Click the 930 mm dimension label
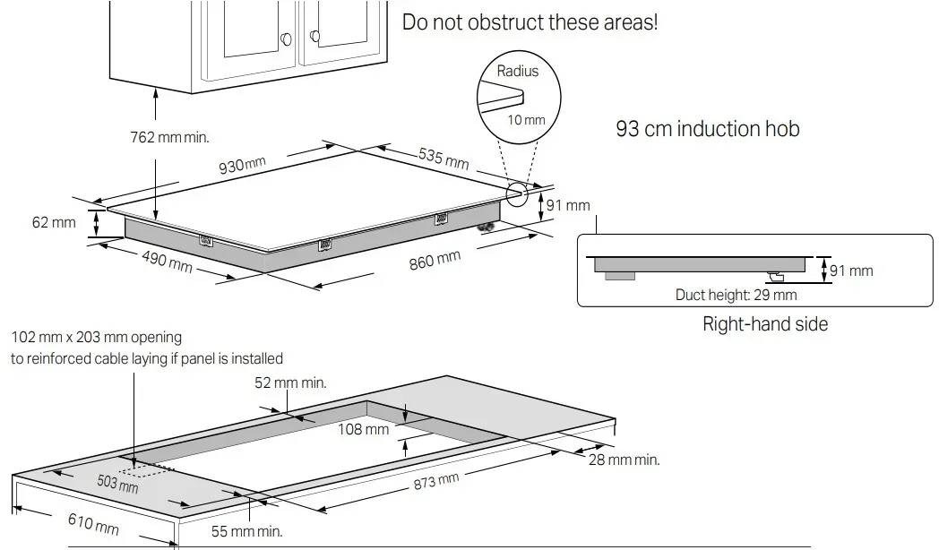click(x=242, y=165)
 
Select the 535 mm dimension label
click(x=444, y=158)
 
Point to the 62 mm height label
click(x=54, y=221)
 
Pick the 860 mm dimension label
click(x=435, y=263)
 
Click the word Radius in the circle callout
click(x=518, y=71)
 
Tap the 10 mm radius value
click(x=527, y=119)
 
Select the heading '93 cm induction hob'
click(x=707, y=129)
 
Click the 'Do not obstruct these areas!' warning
click(x=530, y=22)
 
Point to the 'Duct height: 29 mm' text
click(x=736, y=294)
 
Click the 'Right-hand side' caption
click(x=764, y=323)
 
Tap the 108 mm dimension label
click(x=364, y=429)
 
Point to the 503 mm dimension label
click(x=117, y=484)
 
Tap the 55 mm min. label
click(x=246, y=531)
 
